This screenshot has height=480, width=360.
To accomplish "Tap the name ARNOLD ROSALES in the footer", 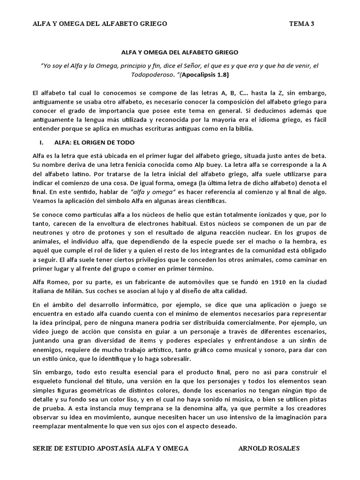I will pos(269,448).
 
